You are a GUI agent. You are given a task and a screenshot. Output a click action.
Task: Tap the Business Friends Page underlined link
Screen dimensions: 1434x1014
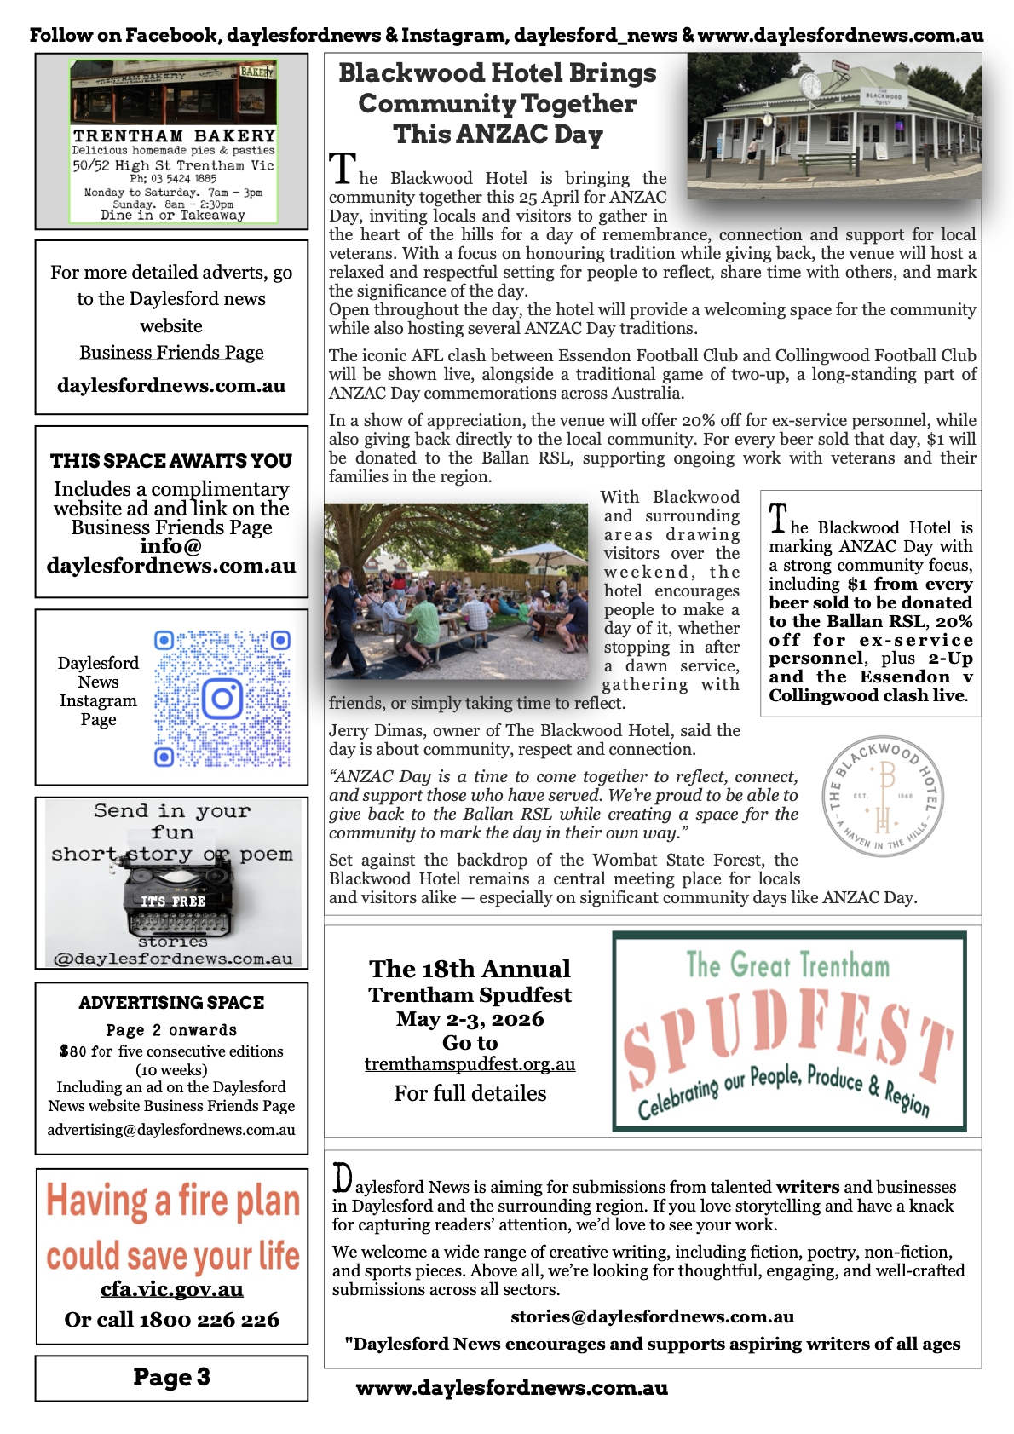pos(171,353)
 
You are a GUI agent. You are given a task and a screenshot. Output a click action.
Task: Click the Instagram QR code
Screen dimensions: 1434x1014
pos(222,699)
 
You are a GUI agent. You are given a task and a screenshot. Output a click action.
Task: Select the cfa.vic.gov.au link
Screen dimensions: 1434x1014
pos(171,1290)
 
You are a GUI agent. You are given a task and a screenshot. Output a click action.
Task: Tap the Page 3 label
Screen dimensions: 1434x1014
pos(171,1377)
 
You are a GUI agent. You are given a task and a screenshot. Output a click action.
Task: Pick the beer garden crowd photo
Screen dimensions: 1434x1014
pos(456,590)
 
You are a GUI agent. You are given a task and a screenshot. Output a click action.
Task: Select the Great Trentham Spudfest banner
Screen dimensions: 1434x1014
pos(789,1031)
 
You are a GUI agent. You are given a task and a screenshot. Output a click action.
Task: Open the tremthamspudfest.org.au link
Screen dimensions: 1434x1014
pos(470,1064)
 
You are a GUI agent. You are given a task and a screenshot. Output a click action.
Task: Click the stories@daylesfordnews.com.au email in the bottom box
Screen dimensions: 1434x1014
pos(652,1316)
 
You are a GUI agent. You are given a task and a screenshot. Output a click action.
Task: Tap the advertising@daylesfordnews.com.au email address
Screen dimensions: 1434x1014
pos(171,1130)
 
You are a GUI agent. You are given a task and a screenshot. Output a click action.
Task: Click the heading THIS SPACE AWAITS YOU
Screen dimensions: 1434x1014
pos(171,461)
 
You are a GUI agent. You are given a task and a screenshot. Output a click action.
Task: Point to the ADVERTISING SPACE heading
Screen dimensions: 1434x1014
pos(171,1003)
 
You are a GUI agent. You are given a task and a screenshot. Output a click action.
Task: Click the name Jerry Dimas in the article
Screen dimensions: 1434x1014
pos(358,731)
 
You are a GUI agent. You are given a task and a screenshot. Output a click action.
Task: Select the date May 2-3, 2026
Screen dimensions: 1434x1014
pos(470,1019)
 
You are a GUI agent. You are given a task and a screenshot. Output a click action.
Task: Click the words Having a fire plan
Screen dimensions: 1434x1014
pos(173,1201)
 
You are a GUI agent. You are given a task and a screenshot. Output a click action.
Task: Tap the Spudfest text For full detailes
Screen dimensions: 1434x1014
pos(470,1093)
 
